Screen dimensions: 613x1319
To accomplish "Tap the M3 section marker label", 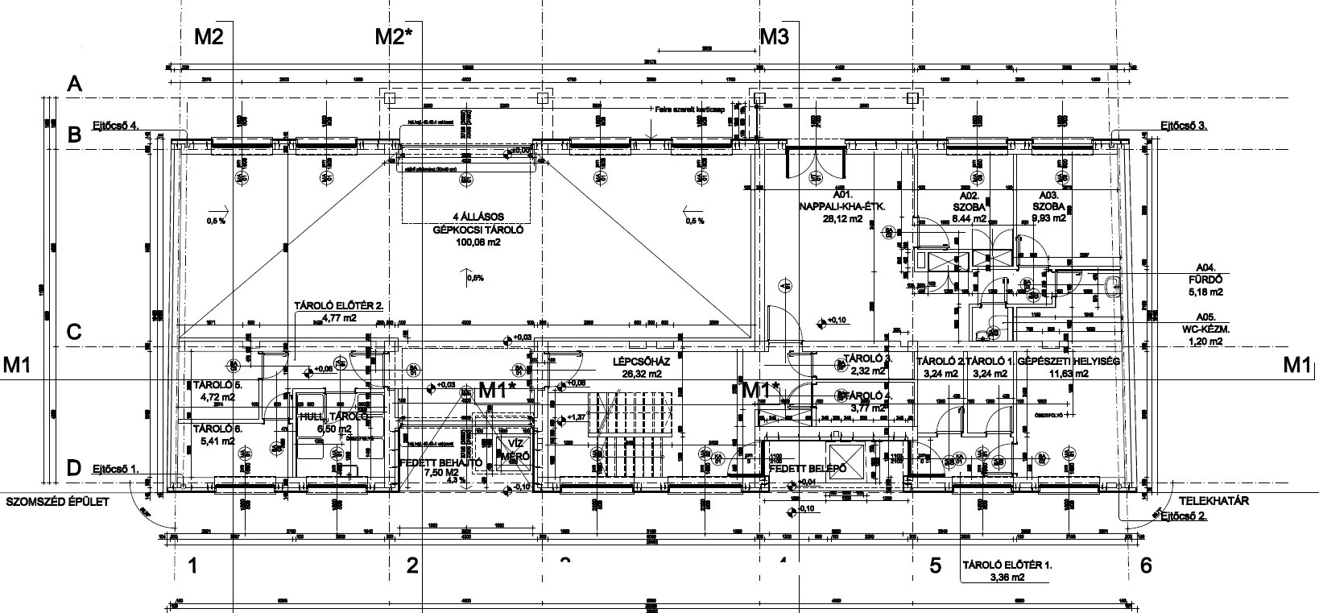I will [775, 35].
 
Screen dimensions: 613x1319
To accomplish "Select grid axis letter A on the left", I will [75, 84].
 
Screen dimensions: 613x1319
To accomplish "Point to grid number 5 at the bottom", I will [935, 565].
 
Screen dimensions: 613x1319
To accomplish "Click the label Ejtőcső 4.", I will [116, 126].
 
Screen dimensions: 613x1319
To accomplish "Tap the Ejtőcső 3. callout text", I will [1184, 125].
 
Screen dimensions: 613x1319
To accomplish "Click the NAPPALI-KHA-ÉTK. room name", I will [841, 206].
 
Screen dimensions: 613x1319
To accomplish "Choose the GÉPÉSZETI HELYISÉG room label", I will [1069, 362].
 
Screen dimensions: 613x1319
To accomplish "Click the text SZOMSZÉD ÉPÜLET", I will [56, 501].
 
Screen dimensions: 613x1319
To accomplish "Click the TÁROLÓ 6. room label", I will [213, 429].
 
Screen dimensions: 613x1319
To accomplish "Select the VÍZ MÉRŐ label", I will [515, 450].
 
